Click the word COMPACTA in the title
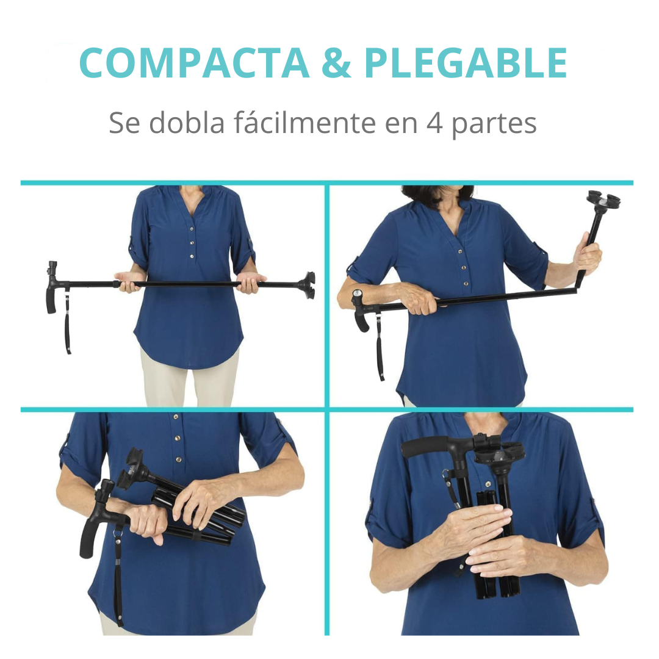coord(194,63)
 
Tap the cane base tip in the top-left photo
coord(306,285)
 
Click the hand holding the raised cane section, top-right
coord(587,256)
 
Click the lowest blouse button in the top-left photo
coord(192,257)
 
